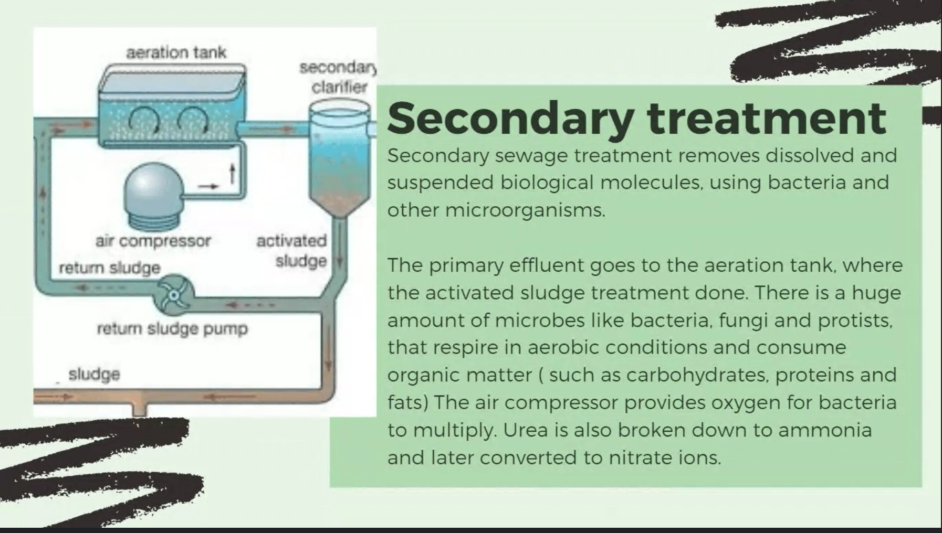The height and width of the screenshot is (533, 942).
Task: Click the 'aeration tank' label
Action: pos(176,52)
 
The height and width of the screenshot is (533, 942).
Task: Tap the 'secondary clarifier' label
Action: pos(338,77)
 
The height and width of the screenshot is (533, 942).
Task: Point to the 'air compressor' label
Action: pos(153,241)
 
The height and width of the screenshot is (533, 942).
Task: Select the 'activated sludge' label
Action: pos(291,251)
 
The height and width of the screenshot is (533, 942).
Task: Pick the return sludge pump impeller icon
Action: pos(173,295)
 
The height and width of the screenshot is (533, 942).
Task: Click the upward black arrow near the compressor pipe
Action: pos(231,174)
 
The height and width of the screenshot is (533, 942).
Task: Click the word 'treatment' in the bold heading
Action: pos(767,118)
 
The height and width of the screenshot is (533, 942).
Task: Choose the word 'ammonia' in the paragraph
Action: pos(825,430)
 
